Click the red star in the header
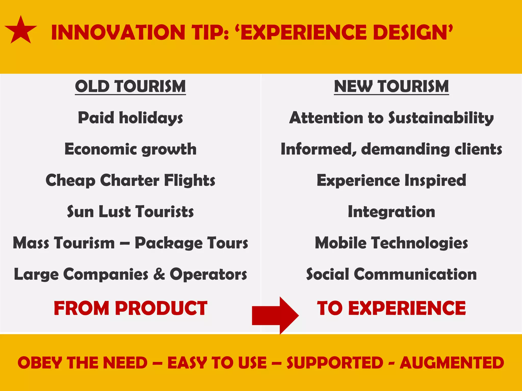[21, 31]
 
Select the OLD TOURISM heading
[130, 87]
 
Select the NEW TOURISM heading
[391, 87]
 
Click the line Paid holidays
[130, 118]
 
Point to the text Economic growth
[130, 149]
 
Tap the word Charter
[130, 180]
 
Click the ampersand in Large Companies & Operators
[159, 274]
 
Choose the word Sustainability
[441, 118]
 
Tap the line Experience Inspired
[391, 180]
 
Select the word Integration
[391, 212]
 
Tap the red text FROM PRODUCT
[130, 308]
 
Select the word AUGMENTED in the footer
[452, 363]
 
